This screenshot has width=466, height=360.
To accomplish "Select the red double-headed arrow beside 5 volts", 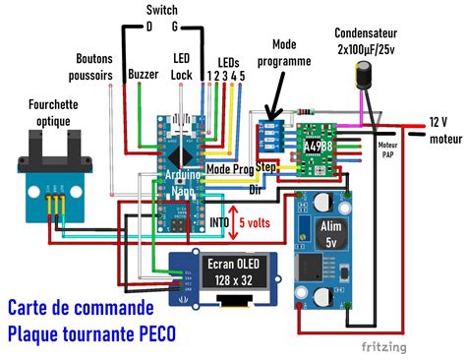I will tap(232, 221).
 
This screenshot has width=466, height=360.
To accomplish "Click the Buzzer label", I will tap(144, 73).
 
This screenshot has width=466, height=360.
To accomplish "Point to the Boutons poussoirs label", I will tap(94, 67).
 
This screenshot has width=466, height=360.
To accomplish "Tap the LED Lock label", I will tap(182, 67).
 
